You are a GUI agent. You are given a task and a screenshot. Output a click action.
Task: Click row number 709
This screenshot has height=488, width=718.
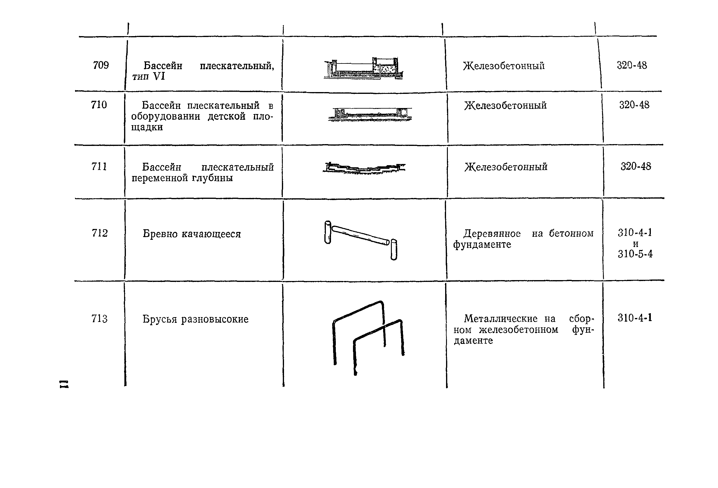pos(101,65)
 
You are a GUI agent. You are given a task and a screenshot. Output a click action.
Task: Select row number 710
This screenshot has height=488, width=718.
pos(99,105)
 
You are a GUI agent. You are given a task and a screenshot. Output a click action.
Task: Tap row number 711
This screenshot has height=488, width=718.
pos(99,167)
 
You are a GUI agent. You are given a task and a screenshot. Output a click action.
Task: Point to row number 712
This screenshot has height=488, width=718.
pos(99,233)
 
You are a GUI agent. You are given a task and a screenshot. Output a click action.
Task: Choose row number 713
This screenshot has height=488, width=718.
pos(99,319)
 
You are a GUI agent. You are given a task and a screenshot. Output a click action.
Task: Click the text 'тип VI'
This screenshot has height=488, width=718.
pos(148,76)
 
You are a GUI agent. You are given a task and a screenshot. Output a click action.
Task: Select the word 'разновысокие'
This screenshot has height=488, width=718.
pos(215,319)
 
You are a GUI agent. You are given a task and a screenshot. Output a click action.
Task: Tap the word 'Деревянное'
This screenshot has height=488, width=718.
pos(492,234)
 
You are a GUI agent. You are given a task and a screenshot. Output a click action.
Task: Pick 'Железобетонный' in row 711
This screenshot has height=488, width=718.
pos(506,167)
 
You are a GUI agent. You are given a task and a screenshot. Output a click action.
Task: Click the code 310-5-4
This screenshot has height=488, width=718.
pos(635,254)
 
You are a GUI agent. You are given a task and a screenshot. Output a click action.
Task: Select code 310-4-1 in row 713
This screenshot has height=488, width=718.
pos(635,318)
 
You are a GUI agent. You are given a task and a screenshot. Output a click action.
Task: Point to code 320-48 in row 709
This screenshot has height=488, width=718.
pos(632,65)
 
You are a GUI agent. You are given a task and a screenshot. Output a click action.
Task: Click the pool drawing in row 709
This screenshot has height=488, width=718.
pos(364,69)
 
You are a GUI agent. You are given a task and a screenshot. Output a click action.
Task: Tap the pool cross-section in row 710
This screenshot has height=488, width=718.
pos(370,114)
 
